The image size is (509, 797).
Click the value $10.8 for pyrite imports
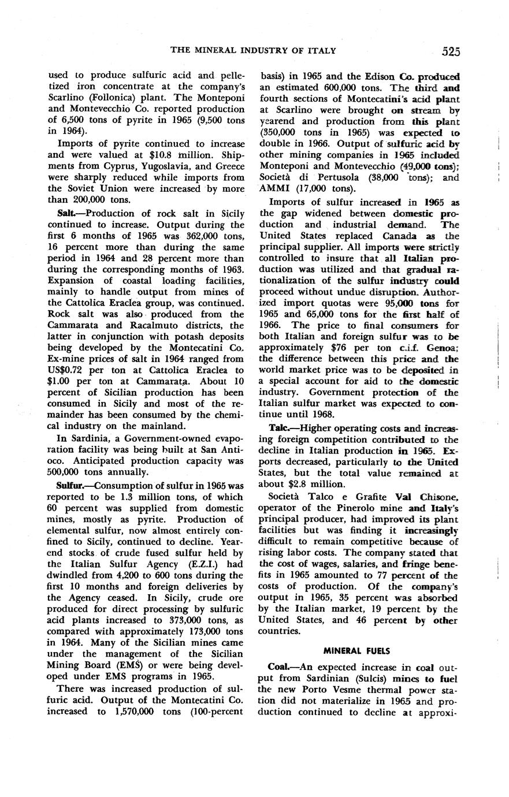tap(164, 154)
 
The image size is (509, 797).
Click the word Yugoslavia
tap(160, 166)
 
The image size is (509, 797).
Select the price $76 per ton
tap(318, 348)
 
